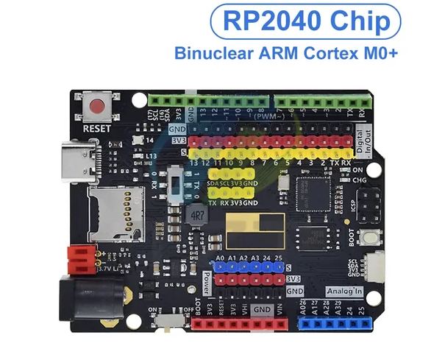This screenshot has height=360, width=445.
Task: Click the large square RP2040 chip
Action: pos(310,190)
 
